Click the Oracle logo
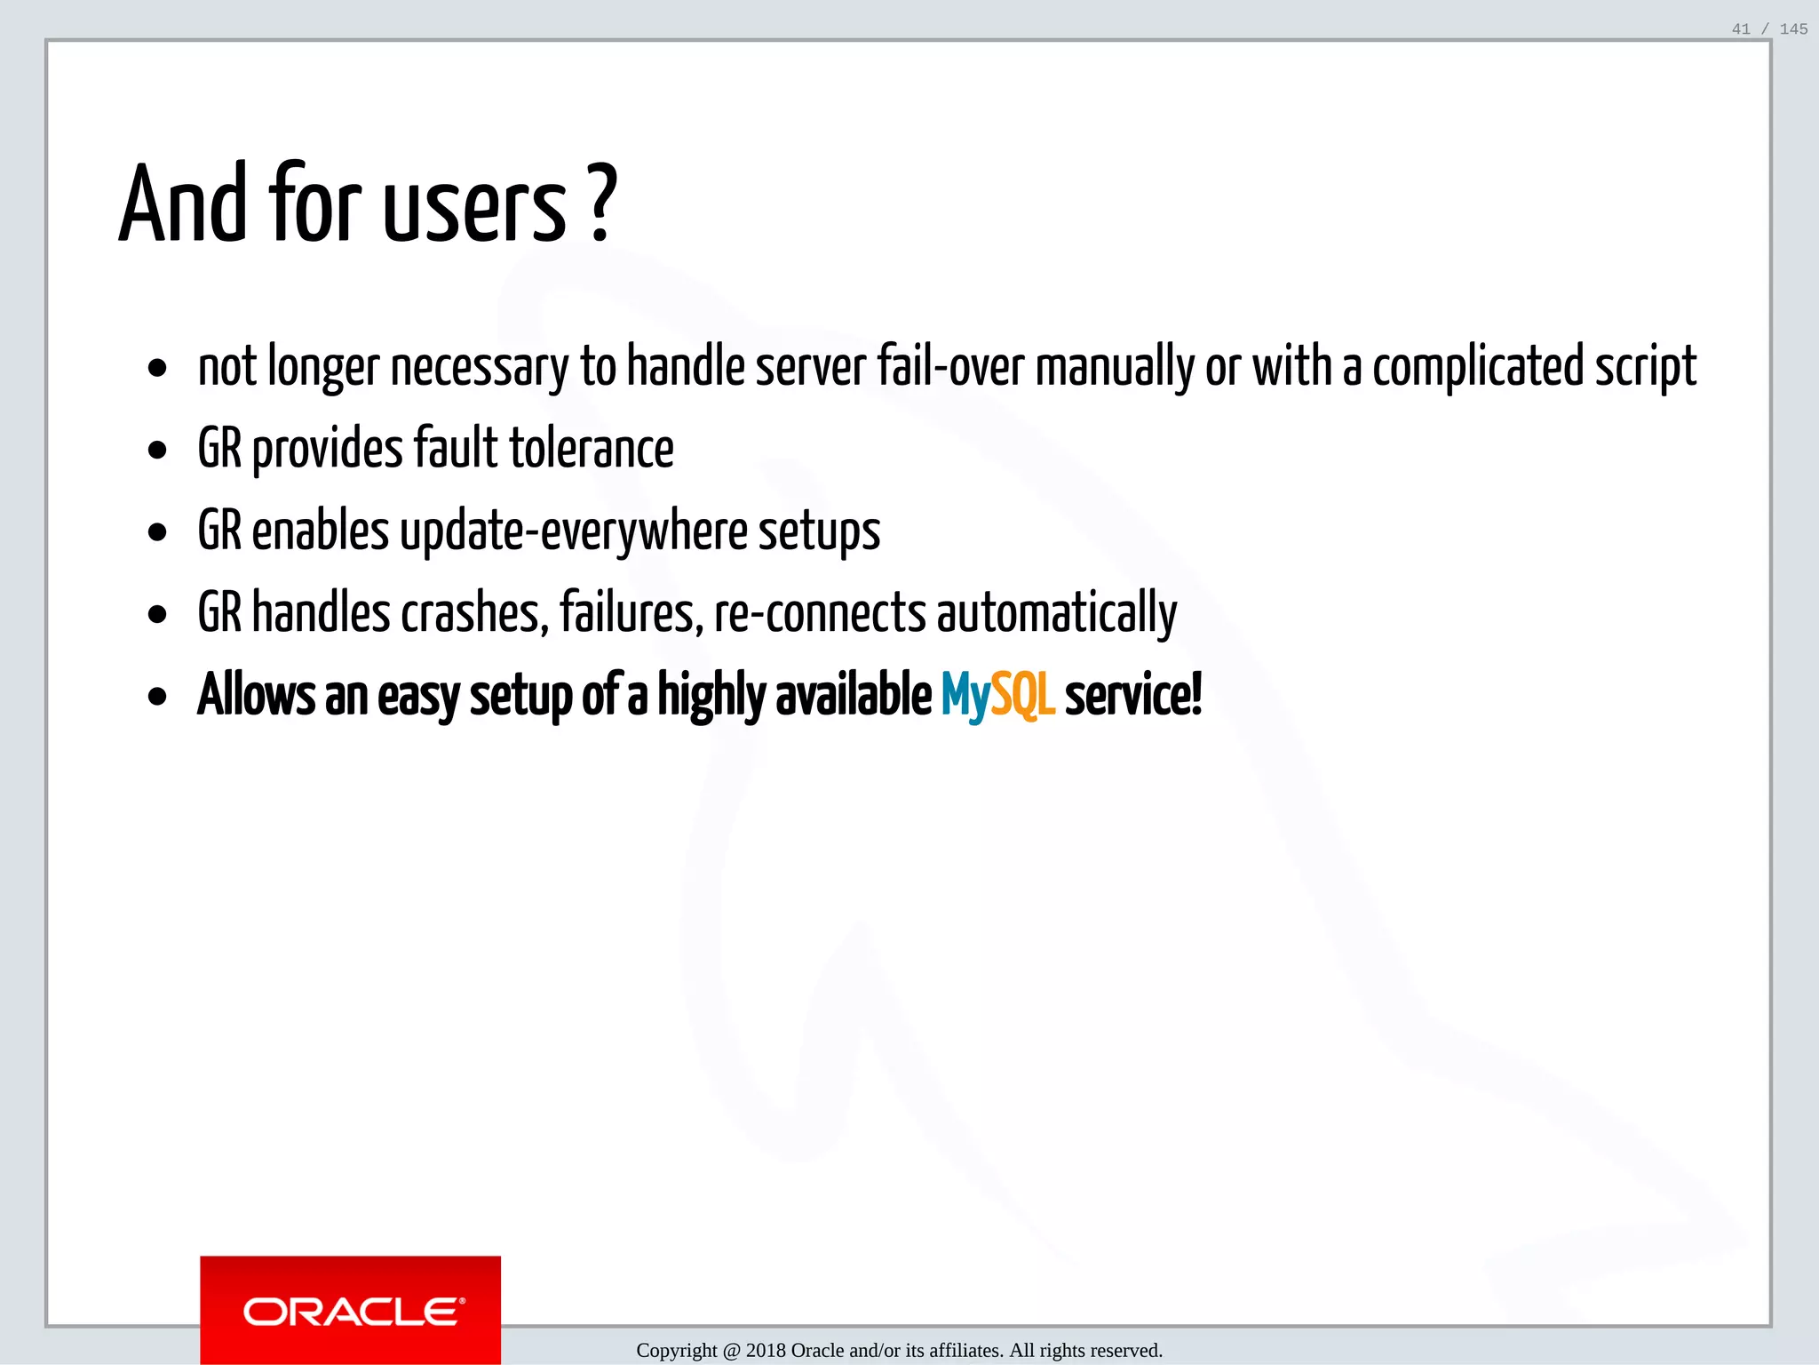[x=350, y=1311]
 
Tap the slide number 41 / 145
[x=1769, y=29]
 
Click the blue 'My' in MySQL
[x=965, y=696]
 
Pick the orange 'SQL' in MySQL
[x=1022, y=694]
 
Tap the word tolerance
[x=592, y=448]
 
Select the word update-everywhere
[x=573, y=531]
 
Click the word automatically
[x=1057, y=613]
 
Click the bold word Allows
[x=256, y=694]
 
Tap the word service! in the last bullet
[x=1132, y=694]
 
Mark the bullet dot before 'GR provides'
[x=158, y=451]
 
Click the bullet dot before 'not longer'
[x=158, y=368]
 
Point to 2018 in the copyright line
[x=766, y=1351]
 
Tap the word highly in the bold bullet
[x=711, y=696]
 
